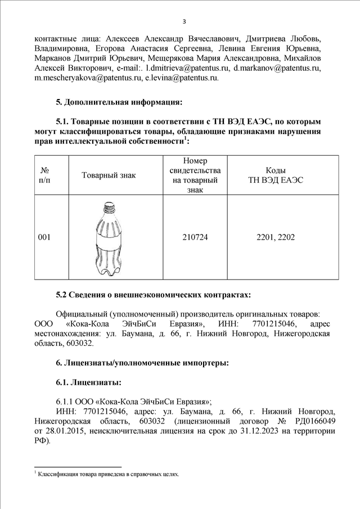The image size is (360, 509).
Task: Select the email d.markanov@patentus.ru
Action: pos(277,69)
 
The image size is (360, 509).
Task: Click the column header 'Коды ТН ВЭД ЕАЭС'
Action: pos(276,175)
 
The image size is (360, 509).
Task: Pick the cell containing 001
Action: pos(44,238)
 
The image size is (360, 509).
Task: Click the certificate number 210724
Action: pos(195,238)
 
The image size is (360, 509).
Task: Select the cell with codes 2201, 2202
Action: pos(276,238)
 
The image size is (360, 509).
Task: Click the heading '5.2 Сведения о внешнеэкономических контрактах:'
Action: pos(154,295)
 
